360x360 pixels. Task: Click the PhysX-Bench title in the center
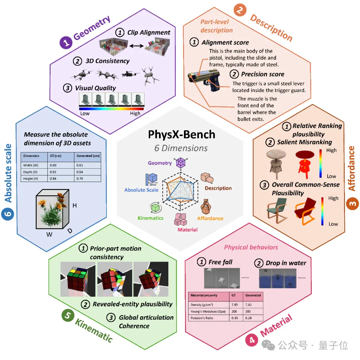coord(182,135)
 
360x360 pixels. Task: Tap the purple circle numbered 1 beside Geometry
coord(66,42)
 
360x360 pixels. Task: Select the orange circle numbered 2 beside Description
coord(240,10)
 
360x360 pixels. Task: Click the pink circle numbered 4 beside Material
coord(252,340)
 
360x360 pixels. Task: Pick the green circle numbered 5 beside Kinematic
coord(68,315)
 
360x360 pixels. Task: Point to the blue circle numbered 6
coord(8,214)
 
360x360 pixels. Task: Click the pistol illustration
coord(204,80)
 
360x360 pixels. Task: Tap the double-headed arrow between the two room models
coord(136,46)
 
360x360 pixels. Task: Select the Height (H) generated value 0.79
coord(80,179)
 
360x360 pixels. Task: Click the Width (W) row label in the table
coord(31,165)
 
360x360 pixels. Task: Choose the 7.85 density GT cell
coord(235,305)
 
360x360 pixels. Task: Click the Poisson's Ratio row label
coord(202,318)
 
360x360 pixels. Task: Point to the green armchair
coord(277,210)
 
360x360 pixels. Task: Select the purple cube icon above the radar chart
coord(181,163)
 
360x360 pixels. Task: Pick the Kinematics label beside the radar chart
coord(150,218)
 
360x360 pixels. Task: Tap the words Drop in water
coord(286,263)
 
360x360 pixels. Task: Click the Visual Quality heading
coord(95,88)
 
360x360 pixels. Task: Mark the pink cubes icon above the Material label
coord(181,219)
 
